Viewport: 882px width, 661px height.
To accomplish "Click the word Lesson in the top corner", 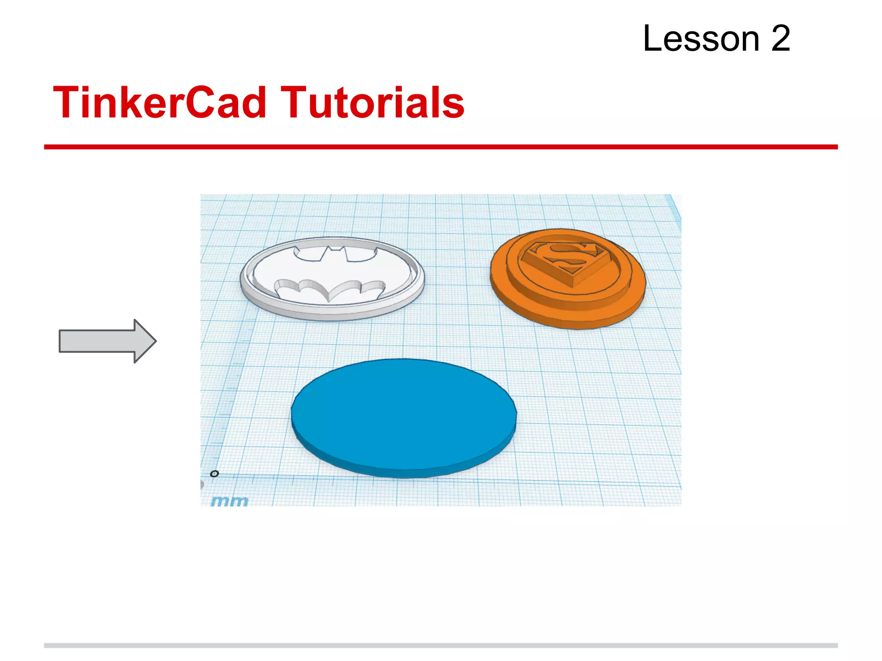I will click(x=701, y=39).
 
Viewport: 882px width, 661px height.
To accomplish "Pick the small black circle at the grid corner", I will click(x=214, y=474).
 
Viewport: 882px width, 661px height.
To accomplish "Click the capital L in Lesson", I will click(x=652, y=39).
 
